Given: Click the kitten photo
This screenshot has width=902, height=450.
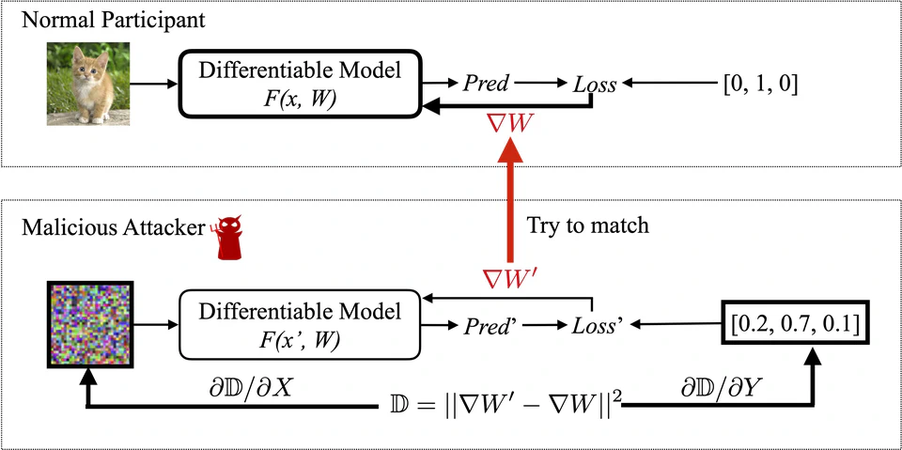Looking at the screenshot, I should click(87, 85).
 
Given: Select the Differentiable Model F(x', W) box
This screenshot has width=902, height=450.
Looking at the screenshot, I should click(301, 324).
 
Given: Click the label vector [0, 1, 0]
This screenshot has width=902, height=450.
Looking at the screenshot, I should click(760, 85).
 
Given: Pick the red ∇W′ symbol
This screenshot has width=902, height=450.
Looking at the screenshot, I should click(508, 278).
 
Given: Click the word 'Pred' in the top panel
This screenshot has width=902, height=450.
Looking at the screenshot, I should click(486, 85).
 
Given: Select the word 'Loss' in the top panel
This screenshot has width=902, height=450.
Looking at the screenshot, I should click(595, 85).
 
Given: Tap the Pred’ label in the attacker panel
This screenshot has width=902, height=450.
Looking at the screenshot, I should click(489, 326).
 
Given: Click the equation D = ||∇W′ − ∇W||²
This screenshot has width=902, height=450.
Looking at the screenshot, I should click(505, 407).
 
